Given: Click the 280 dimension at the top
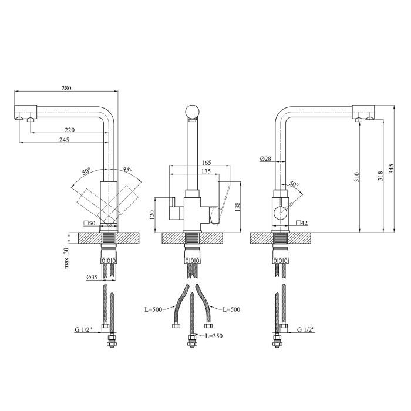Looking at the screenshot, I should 66,88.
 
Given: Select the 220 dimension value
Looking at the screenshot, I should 69,130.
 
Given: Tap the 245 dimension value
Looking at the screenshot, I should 65,140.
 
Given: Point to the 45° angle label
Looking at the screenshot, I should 127,170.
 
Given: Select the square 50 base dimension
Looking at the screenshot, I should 90,224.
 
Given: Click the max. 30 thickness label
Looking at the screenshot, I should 67,257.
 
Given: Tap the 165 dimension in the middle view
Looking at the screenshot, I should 206,163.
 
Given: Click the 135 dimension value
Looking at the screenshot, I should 206,171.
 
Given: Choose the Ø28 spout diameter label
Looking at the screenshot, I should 264,159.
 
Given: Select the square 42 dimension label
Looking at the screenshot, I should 302,223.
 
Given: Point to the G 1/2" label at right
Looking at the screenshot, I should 306,330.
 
